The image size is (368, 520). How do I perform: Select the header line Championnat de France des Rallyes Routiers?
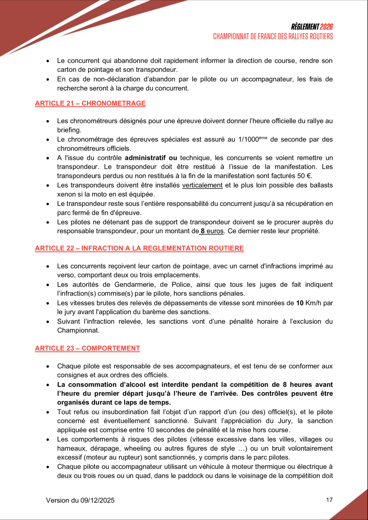click(273, 36)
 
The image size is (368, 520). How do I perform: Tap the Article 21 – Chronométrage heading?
click(90, 103)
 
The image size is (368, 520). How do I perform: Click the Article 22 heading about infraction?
click(139, 248)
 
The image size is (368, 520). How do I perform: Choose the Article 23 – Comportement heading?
click(87, 348)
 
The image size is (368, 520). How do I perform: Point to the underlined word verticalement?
click(202, 185)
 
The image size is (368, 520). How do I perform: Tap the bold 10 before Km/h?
click(300, 303)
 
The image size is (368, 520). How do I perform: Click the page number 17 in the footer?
click(329, 500)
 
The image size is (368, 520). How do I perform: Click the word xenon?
click(66, 194)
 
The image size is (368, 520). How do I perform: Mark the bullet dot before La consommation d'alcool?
click(48, 385)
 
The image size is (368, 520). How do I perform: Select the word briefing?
click(69, 130)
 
